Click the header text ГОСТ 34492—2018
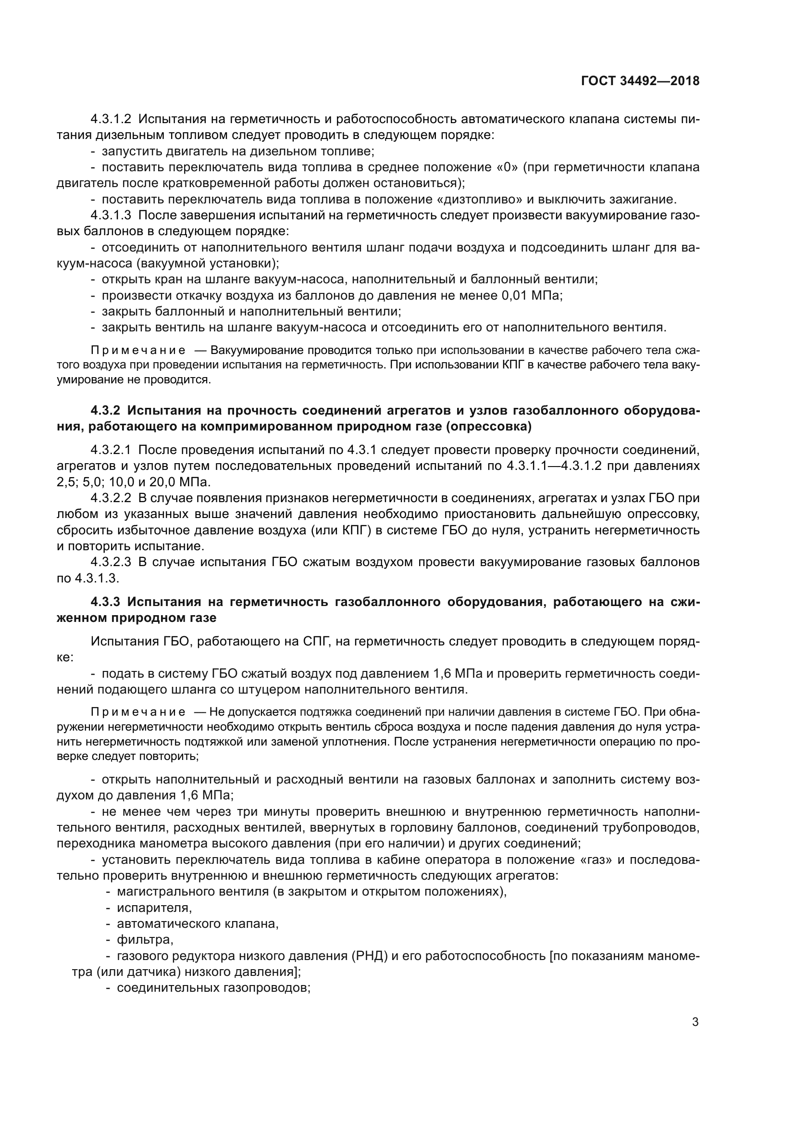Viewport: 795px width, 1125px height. (x=640, y=81)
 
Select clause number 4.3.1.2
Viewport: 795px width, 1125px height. (x=111, y=119)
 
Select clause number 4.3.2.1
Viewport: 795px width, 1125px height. (x=111, y=450)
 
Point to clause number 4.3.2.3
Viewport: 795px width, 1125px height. (x=111, y=562)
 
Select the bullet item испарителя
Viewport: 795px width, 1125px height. (x=154, y=908)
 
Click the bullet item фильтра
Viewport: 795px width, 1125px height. (x=145, y=940)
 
